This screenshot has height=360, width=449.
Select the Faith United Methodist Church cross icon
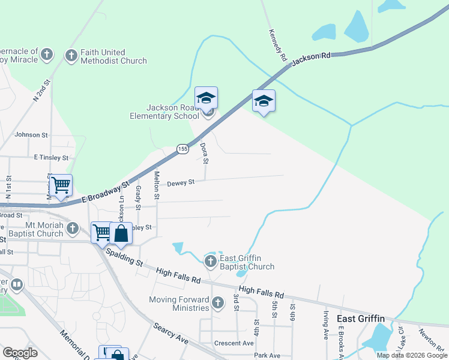tap(71, 56)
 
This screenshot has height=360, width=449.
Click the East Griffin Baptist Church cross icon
tap(210, 261)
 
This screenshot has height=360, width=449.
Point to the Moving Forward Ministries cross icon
tap(218, 304)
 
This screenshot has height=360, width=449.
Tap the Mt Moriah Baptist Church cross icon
tap(73, 228)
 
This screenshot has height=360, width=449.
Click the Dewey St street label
tap(181, 182)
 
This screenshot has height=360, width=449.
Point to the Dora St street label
tap(205, 153)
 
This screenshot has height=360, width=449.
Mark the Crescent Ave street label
tap(234, 343)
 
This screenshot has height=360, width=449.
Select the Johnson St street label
tap(31, 135)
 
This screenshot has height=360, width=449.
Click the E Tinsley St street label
tap(51, 157)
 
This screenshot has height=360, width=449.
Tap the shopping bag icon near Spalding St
tap(121, 233)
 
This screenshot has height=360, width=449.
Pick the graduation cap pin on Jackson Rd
tap(264, 101)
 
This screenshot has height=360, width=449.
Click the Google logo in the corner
tap(20, 353)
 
